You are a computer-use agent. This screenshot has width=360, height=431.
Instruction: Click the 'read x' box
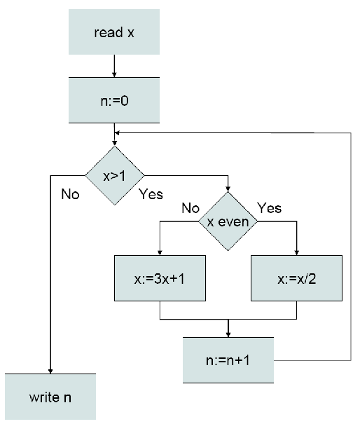[x=113, y=32]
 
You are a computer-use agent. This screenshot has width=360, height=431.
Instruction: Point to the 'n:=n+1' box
[x=229, y=360]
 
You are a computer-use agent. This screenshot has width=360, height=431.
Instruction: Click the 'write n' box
[x=50, y=397]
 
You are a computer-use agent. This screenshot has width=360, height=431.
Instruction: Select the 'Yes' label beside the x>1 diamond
[x=151, y=193]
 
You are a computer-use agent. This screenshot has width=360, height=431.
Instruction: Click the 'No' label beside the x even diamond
[x=191, y=208]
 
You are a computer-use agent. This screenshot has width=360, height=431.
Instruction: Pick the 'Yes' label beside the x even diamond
[x=269, y=208]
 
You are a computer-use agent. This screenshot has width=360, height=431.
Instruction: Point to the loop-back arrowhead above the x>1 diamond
[x=118, y=132]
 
